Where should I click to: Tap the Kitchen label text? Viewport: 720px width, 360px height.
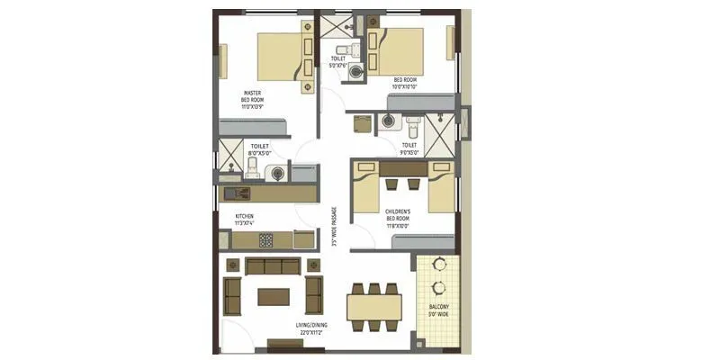245,216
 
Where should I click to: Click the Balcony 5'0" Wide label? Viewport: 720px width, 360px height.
438,310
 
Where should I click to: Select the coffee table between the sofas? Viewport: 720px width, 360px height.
273,295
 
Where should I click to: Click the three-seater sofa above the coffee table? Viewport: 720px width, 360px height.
273,266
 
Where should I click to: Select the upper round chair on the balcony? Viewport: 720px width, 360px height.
439,265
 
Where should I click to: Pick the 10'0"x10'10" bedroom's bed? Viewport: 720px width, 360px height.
397,52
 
